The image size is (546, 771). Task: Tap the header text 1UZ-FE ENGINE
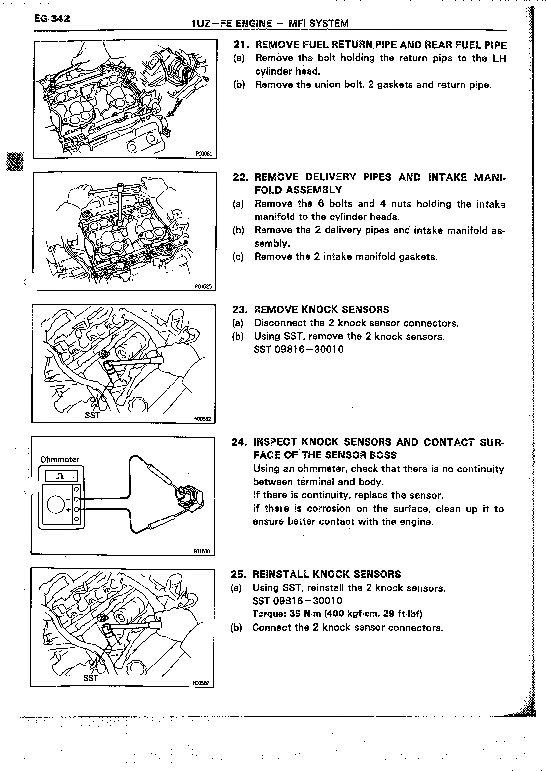coord(231,23)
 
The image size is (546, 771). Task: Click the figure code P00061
coord(204,154)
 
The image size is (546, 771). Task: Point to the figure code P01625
coord(203,286)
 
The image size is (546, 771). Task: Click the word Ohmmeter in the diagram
coord(59,459)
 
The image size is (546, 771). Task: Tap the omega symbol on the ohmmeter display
coord(61,476)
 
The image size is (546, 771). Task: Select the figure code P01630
coord(201,551)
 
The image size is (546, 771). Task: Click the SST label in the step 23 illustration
coord(92,415)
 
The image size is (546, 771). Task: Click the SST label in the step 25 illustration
coord(91,678)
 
